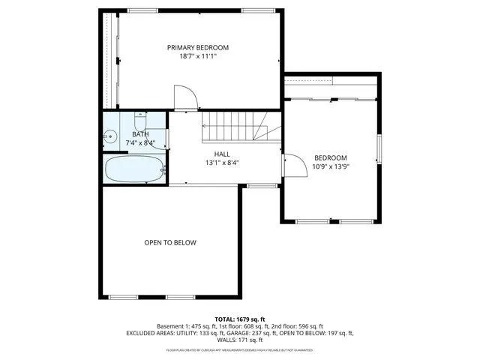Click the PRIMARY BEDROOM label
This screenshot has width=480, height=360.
tap(197, 47)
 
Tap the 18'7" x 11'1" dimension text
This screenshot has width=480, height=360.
tap(197, 56)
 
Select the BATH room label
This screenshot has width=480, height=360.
tap(140, 134)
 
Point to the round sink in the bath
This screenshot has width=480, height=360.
tap(109, 136)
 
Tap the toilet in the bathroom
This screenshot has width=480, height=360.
tap(141, 120)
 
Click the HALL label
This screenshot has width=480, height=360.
tap(222, 154)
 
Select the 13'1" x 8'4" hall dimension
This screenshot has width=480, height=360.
tap(222, 163)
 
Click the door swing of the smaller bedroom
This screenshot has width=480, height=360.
tap(294, 165)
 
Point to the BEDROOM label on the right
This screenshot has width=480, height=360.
tap(330, 157)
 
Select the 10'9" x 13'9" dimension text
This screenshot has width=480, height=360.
tap(330, 166)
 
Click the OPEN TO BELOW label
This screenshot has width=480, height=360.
tap(170, 242)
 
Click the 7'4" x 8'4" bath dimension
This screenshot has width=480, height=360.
tap(140, 142)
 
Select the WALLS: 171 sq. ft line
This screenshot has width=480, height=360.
tap(240, 340)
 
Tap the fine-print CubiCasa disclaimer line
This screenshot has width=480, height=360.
tap(240, 350)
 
